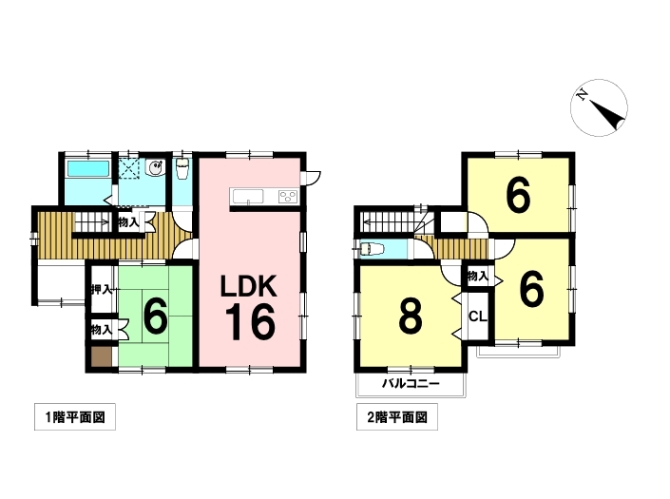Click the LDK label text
248,286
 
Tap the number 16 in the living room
250,322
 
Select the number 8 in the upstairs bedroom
411,317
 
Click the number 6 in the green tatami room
155,317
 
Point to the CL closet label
478,317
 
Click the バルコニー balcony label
411,383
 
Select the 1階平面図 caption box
75,416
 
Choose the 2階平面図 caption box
397,416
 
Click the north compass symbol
599,107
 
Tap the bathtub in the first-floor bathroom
88,169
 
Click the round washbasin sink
154,167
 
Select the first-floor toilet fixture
182,169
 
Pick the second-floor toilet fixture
373,249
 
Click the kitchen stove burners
288,197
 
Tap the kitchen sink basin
248,197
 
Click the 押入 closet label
102,290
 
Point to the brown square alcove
102,356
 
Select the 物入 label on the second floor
478,276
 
